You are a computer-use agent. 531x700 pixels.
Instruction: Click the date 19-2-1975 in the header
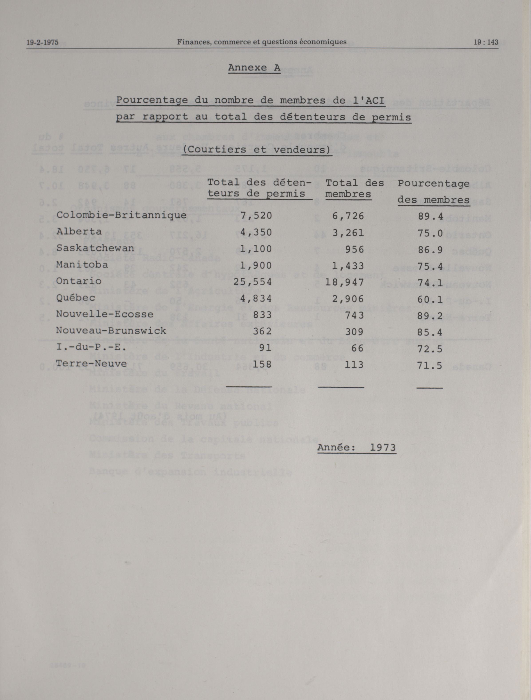pos(42,42)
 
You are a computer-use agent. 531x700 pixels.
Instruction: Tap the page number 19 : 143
pos(486,42)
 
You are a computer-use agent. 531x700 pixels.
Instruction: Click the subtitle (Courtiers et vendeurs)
pos(257,149)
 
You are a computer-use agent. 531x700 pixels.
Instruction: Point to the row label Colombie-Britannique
pos(121,215)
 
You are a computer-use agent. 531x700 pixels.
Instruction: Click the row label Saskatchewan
pos(95,248)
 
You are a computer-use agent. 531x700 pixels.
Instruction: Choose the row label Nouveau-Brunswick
pos(111,331)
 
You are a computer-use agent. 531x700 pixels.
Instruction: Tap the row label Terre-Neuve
pos(91,364)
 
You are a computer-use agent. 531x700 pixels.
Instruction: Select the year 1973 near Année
pos(383,447)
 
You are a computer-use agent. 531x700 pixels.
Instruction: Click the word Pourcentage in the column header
pos(433,183)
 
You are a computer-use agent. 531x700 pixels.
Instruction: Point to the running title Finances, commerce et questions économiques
pos(262,42)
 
